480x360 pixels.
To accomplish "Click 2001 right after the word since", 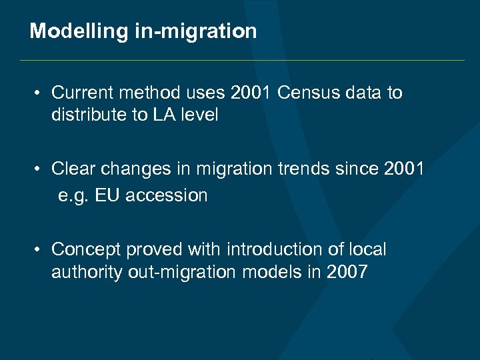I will point(405,169).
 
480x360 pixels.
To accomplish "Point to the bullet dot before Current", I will point(40,93).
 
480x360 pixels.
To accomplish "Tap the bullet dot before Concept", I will point(40,249).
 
